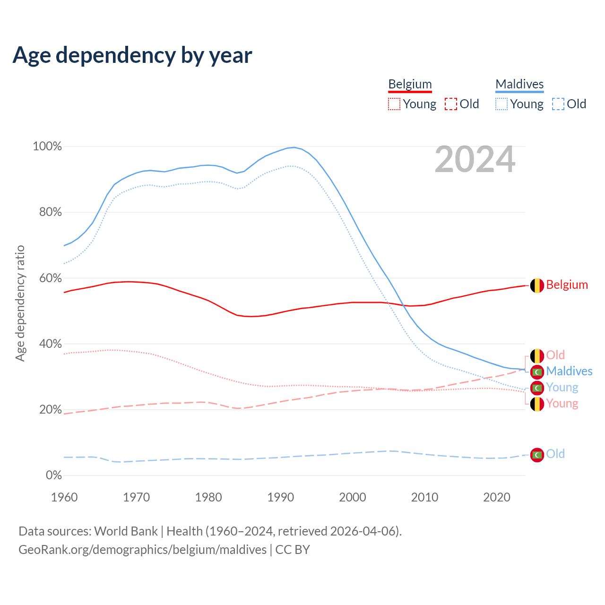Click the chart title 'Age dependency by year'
click(x=132, y=55)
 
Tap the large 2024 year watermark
click(x=475, y=160)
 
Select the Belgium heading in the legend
click(x=410, y=84)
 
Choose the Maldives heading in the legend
click(x=519, y=84)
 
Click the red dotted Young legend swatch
click(x=394, y=104)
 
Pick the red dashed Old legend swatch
click(x=451, y=104)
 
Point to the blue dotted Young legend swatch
click(x=501, y=104)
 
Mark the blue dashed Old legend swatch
click(x=558, y=104)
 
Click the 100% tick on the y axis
click(x=47, y=147)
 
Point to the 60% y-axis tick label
click(x=50, y=278)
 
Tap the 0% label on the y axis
click(x=53, y=475)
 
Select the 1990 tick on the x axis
click(x=281, y=497)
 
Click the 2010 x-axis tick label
click(x=424, y=497)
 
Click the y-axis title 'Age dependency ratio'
click(x=20, y=303)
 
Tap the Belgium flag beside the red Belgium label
click(x=537, y=285)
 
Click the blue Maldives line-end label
click(x=569, y=371)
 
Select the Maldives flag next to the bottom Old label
click(x=537, y=455)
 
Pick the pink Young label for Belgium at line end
click(x=562, y=403)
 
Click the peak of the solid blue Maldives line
click(x=294, y=147)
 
